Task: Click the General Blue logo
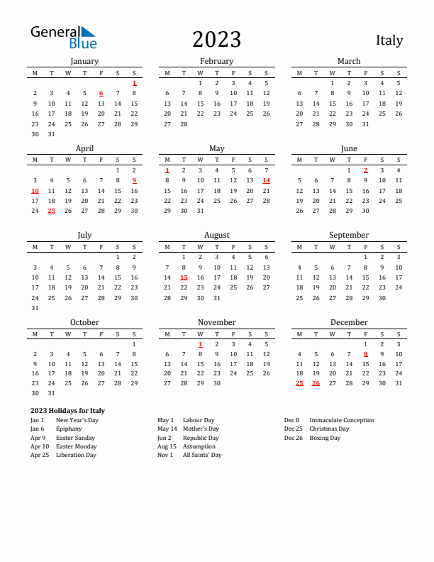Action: (x=63, y=38)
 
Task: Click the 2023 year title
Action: (x=216, y=40)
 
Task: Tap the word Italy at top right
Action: (x=389, y=40)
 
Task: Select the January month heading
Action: (x=84, y=61)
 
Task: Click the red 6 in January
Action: (x=101, y=93)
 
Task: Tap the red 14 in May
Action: (x=266, y=180)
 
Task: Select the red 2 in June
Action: (x=365, y=170)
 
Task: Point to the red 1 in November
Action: (x=200, y=344)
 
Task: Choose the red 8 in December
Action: (x=365, y=354)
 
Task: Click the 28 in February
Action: (x=184, y=123)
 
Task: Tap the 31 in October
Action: (x=51, y=392)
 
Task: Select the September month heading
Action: (x=349, y=235)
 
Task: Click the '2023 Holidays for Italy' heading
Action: (x=67, y=411)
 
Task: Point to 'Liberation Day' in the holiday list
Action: (x=76, y=455)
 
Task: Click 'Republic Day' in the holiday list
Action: (x=200, y=438)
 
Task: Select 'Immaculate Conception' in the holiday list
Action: (x=342, y=420)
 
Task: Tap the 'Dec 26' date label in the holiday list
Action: (x=292, y=438)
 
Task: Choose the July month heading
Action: (x=84, y=235)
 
